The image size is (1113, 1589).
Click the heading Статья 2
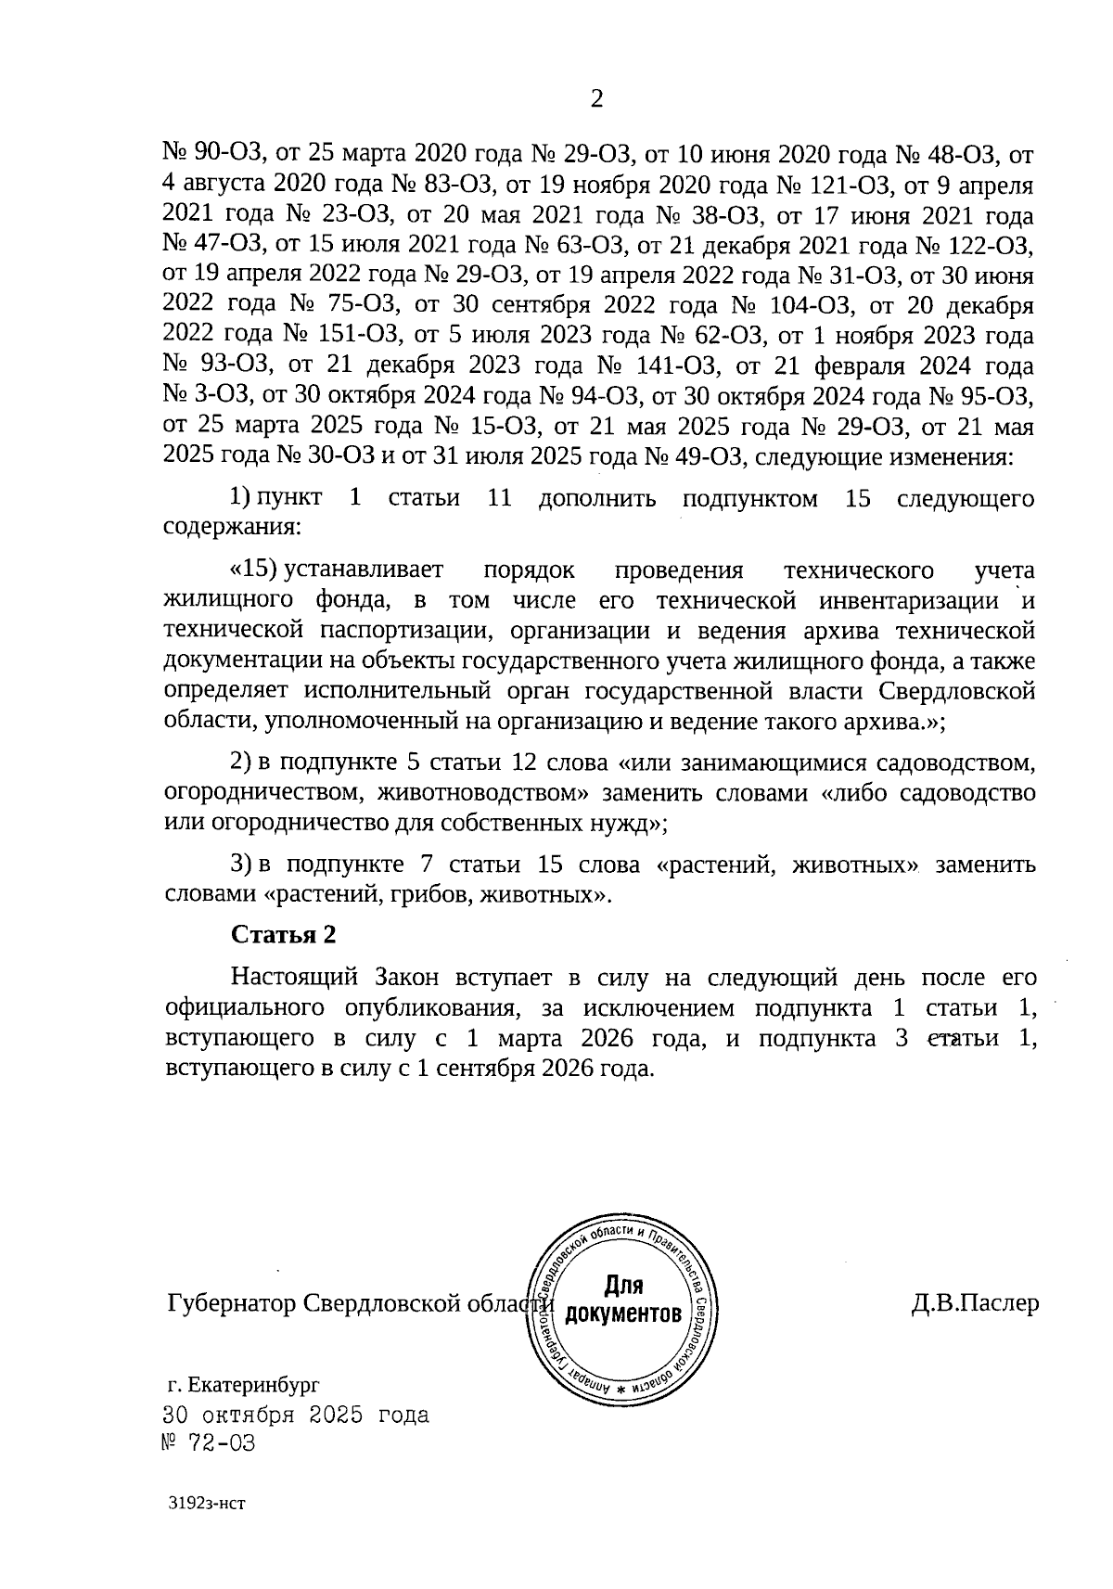pyautogui.click(x=283, y=934)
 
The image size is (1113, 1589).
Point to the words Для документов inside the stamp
pyautogui.click(x=623, y=1300)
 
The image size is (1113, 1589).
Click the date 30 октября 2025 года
pyautogui.click(x=296, y=1416)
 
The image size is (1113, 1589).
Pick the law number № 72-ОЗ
pyautogui.click(x=209, y=1443)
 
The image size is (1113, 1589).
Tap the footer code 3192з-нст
pyautogui.click(x=205, y=1528)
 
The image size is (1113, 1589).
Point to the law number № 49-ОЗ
pyautogui.click(x=702, y=456)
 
